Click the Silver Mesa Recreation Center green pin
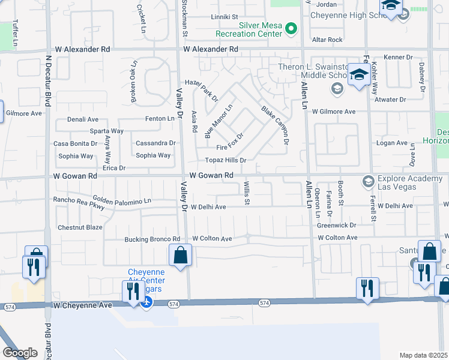coord(291,28)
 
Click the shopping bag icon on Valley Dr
coord(180,256)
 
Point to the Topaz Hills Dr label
coord(226,160)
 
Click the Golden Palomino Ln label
coord(122,200)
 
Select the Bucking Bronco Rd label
coord(152,239)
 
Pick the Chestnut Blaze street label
coord(80,227)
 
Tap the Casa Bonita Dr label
coord(75,143)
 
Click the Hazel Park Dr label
coord(202,90)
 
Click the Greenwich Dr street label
coord(337,226)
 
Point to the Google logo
coord(20,353)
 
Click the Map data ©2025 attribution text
coord(424,355)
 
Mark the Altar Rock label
coord(327,40)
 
